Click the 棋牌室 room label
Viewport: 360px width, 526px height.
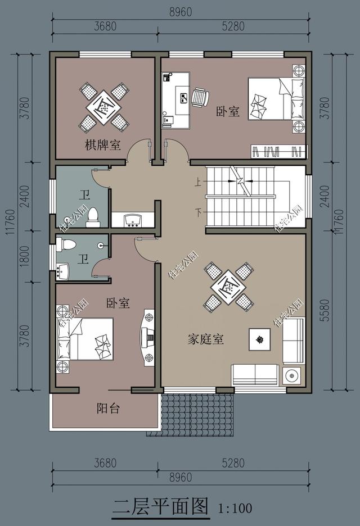point(102,146)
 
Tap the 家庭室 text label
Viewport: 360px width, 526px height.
point(205,339)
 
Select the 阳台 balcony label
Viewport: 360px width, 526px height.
point(107,409)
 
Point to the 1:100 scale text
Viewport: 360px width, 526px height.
point(235,509)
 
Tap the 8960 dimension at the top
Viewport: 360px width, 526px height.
point(180,11)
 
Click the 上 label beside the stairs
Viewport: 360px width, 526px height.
point(198,182)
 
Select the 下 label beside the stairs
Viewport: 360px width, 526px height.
point(198,212)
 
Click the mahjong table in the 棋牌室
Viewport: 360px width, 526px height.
point(103,106)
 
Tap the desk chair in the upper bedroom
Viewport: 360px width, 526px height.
point(200,97)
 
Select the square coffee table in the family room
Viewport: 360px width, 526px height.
point(259,339)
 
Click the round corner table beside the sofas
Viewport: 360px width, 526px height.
point(292,375)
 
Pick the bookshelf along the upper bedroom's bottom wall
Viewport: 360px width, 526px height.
point(278,151)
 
